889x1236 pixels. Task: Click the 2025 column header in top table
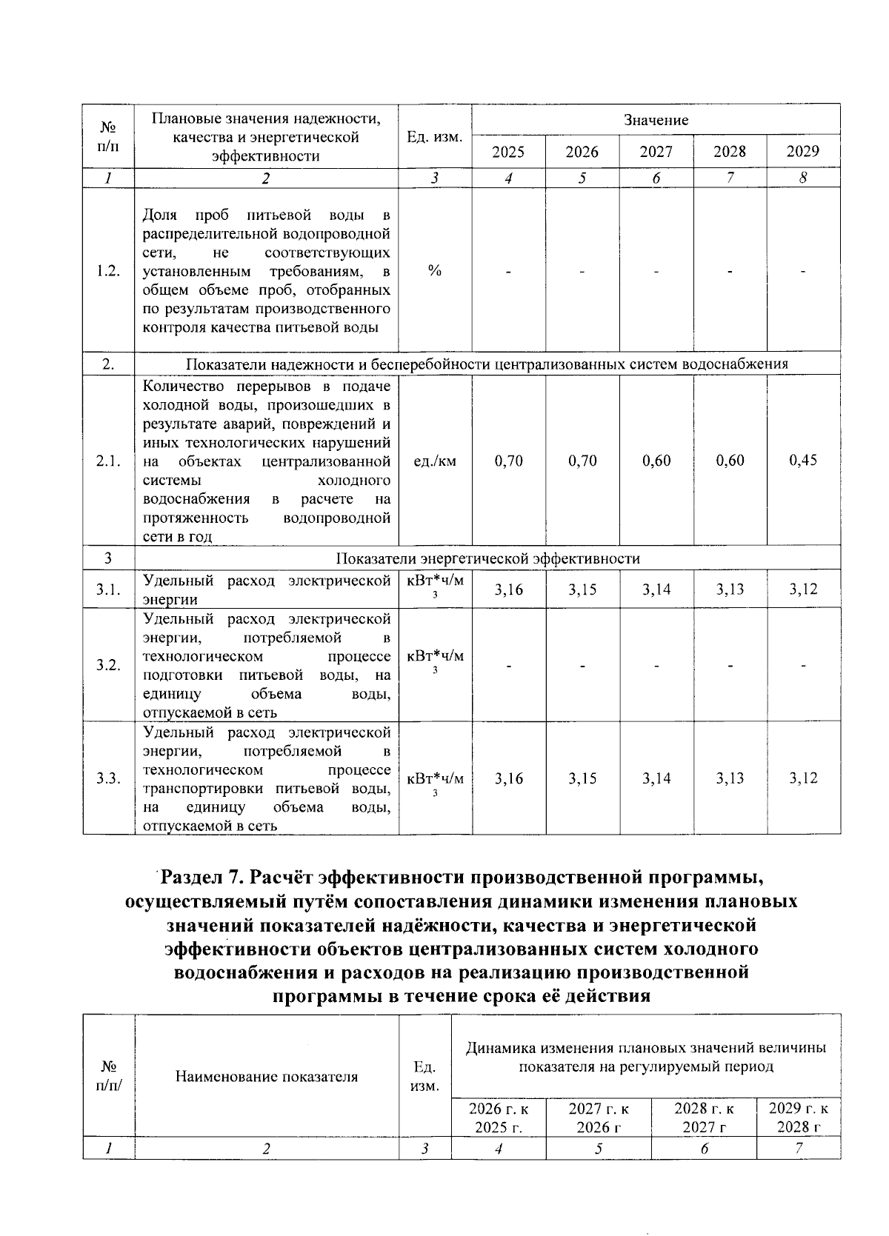click(508, 152)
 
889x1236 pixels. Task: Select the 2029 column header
click(803, 151)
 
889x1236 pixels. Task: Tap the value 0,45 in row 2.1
click(803, 461)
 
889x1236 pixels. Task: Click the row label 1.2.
click(108, 270)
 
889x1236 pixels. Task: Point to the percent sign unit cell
click(435, 270)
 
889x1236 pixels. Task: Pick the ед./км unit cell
click(435, 461)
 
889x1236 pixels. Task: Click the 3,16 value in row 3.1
click(508, 589)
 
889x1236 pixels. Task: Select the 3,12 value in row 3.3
click(803, 778)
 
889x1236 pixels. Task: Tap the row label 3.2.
click(108, 665)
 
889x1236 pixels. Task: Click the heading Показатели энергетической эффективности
click(487, 558)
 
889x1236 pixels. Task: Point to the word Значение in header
click(656, 120)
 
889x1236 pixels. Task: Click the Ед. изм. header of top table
click(435, 137)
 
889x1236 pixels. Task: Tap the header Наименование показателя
click(267, 1077)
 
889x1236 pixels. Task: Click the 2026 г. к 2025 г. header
click(499, 1118)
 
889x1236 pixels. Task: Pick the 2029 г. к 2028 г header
click(799, 1118)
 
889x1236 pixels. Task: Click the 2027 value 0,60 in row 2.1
click(656, 461)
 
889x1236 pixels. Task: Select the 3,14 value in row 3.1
click(656, 589)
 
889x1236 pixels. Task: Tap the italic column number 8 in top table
click(803, 178)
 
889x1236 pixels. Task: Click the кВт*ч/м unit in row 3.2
click(436, 656)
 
